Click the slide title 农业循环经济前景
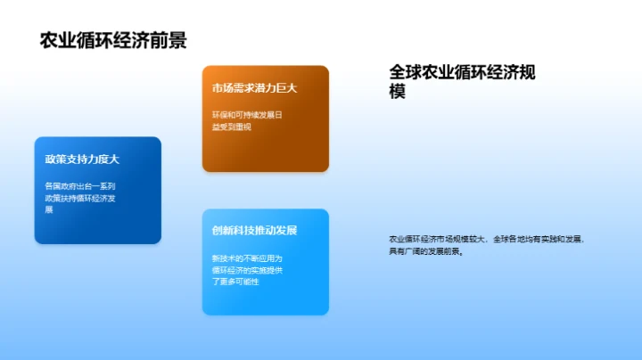coord(113,41)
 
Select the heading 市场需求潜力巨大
coord(254,88)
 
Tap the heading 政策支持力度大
coord(82,160)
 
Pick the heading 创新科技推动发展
coord(254,231)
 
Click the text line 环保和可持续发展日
coord(247,116)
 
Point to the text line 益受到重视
coord(232,127)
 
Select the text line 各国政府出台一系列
coord(79,186)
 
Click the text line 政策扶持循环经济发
coord(79,198)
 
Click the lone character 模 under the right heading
coord(398,91)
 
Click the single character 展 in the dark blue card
coord(49,209)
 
